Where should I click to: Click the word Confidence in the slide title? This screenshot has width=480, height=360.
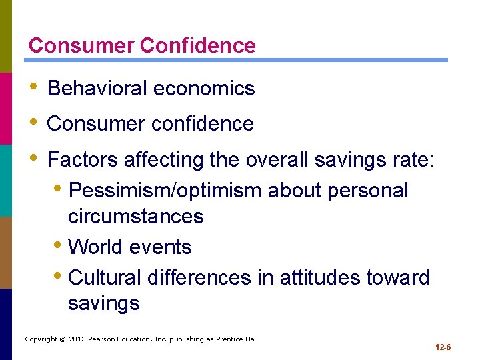coord(198,45)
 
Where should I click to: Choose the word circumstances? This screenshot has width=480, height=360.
coord(135,217)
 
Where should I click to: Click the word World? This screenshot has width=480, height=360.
coord(97,247)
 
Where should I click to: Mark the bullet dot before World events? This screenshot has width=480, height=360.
coord(60,246)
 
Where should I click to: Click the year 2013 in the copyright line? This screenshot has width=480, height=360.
coord(75,339)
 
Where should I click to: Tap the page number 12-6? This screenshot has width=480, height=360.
coord(443,348)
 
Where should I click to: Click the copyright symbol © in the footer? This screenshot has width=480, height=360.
coord(61,339)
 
